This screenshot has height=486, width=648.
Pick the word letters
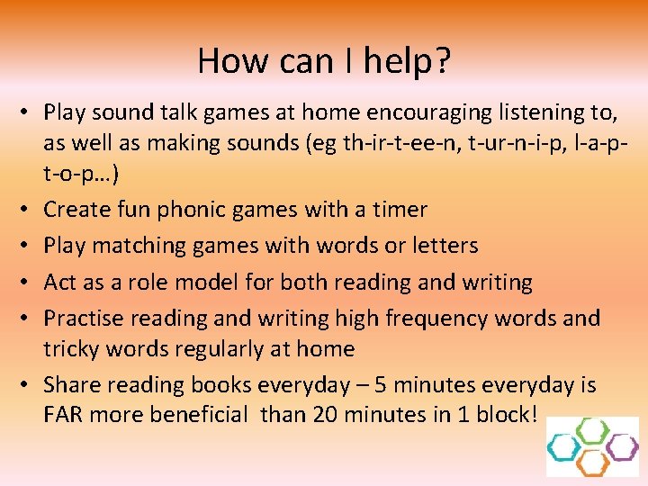(441, 245)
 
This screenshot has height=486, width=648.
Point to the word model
(210, 282)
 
